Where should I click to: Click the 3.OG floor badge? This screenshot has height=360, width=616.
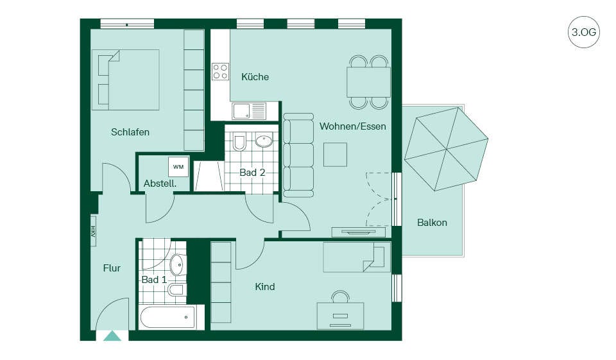click(583, 32)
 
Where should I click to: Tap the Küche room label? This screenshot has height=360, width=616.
click(255, 76)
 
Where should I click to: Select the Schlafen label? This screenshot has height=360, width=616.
click(130, 132)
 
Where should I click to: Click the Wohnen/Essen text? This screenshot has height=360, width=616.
click(352, 126)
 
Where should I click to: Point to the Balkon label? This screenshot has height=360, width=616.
click(432, 223)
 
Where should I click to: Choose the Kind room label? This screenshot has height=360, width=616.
click(265, 286)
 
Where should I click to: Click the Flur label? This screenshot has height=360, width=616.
click(112, 268)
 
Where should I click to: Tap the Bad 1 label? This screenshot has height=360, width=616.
click(154, 280)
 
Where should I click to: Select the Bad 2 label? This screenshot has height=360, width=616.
click(252, 172)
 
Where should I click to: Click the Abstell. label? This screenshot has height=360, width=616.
click(160, 183)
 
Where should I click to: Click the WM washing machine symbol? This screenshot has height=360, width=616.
click(178, 167)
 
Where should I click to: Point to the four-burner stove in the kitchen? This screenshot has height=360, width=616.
click(220, 71)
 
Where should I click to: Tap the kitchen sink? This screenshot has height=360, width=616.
click(249, 111)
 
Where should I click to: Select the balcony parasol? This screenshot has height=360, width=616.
click(446, 149)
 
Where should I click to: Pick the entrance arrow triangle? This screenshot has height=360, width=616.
click(112, 336)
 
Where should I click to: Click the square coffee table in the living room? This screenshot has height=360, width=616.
click(335, 155)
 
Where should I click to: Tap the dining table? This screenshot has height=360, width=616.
click(368, 81)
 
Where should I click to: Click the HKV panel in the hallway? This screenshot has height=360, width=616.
click(94, 231)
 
